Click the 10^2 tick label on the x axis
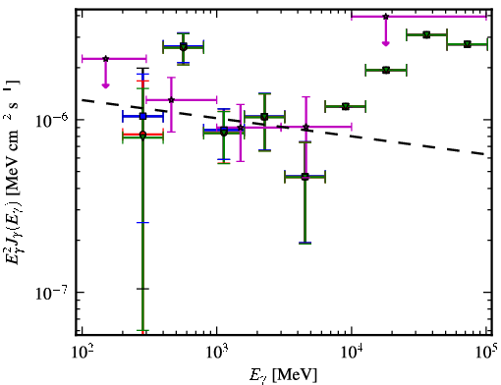(83, 353)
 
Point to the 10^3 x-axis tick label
(217, 353)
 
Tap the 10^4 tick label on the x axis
(352, 353)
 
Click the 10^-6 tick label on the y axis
(52, 120)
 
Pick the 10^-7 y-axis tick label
(52, 293)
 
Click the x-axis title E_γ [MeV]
(283, 375)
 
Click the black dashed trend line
(284, 127)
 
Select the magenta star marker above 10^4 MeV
(386, 17)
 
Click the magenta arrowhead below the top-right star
(386, 43)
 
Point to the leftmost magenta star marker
(105, 59)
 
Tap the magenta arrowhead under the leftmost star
(105, 85)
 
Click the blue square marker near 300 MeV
(142, 116)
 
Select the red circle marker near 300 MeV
(142, 135)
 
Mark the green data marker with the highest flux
(426, 34)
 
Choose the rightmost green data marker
(468, 44)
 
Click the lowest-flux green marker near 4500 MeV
(305, 177)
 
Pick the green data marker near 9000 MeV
(346, 106)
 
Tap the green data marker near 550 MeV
(184, 47)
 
